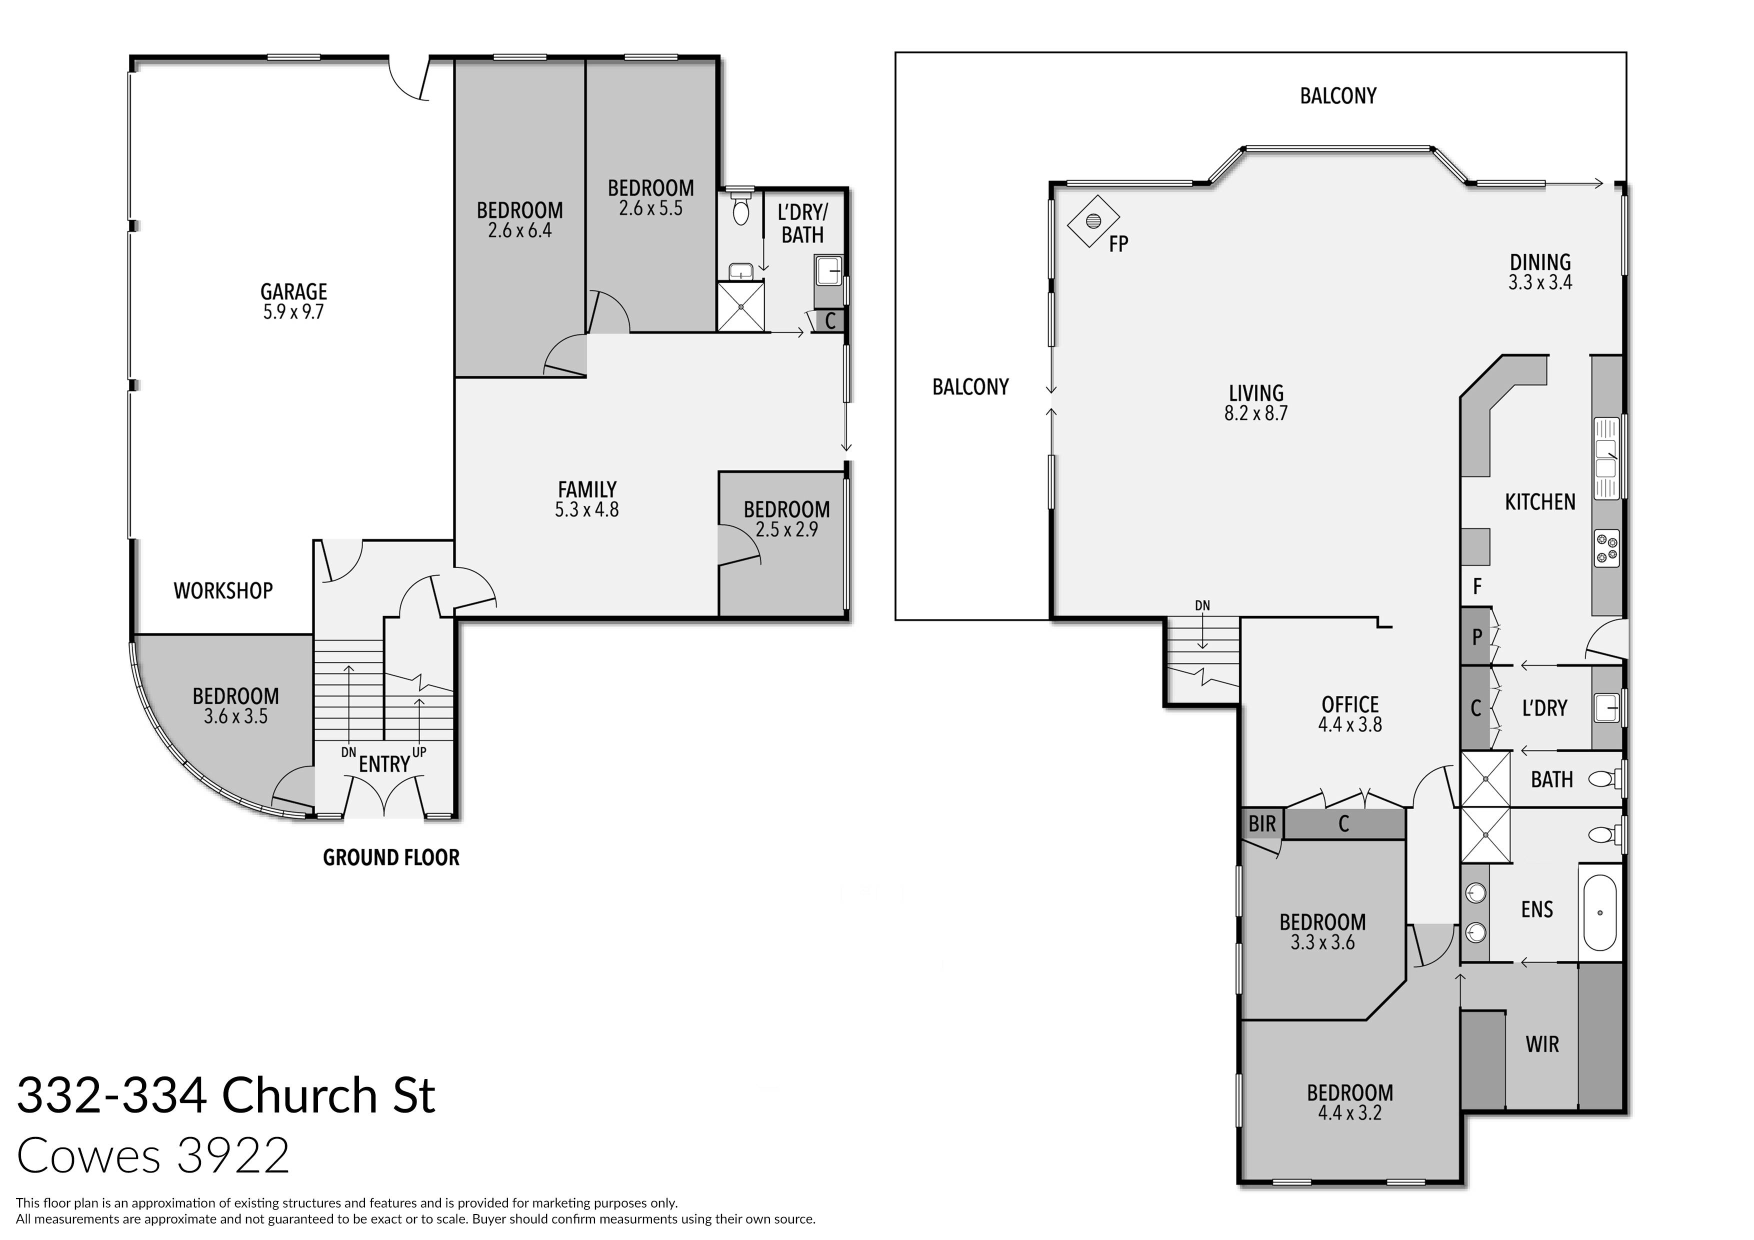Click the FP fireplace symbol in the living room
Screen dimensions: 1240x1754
(1093, 221)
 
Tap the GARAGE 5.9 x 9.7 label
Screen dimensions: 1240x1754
(293, 301)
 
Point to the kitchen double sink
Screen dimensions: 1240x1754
(1606, 458)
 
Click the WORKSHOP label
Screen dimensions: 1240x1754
(223, 590)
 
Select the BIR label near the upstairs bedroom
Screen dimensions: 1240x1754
(1262, 823)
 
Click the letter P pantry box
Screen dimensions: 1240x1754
(1476, 636)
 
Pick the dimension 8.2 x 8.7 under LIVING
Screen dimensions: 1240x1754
(1256, 413)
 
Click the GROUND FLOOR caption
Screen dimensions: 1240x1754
(391, 858)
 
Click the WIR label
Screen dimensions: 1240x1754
(1541, 1044)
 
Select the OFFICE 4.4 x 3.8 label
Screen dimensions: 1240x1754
(1350, 713)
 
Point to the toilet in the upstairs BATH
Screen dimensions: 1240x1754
(1602, 779)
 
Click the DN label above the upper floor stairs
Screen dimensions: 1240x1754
(1202, 606)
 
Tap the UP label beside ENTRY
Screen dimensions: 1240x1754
(418, 752)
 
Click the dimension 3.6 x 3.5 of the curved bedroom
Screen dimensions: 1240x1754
(235, 716)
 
